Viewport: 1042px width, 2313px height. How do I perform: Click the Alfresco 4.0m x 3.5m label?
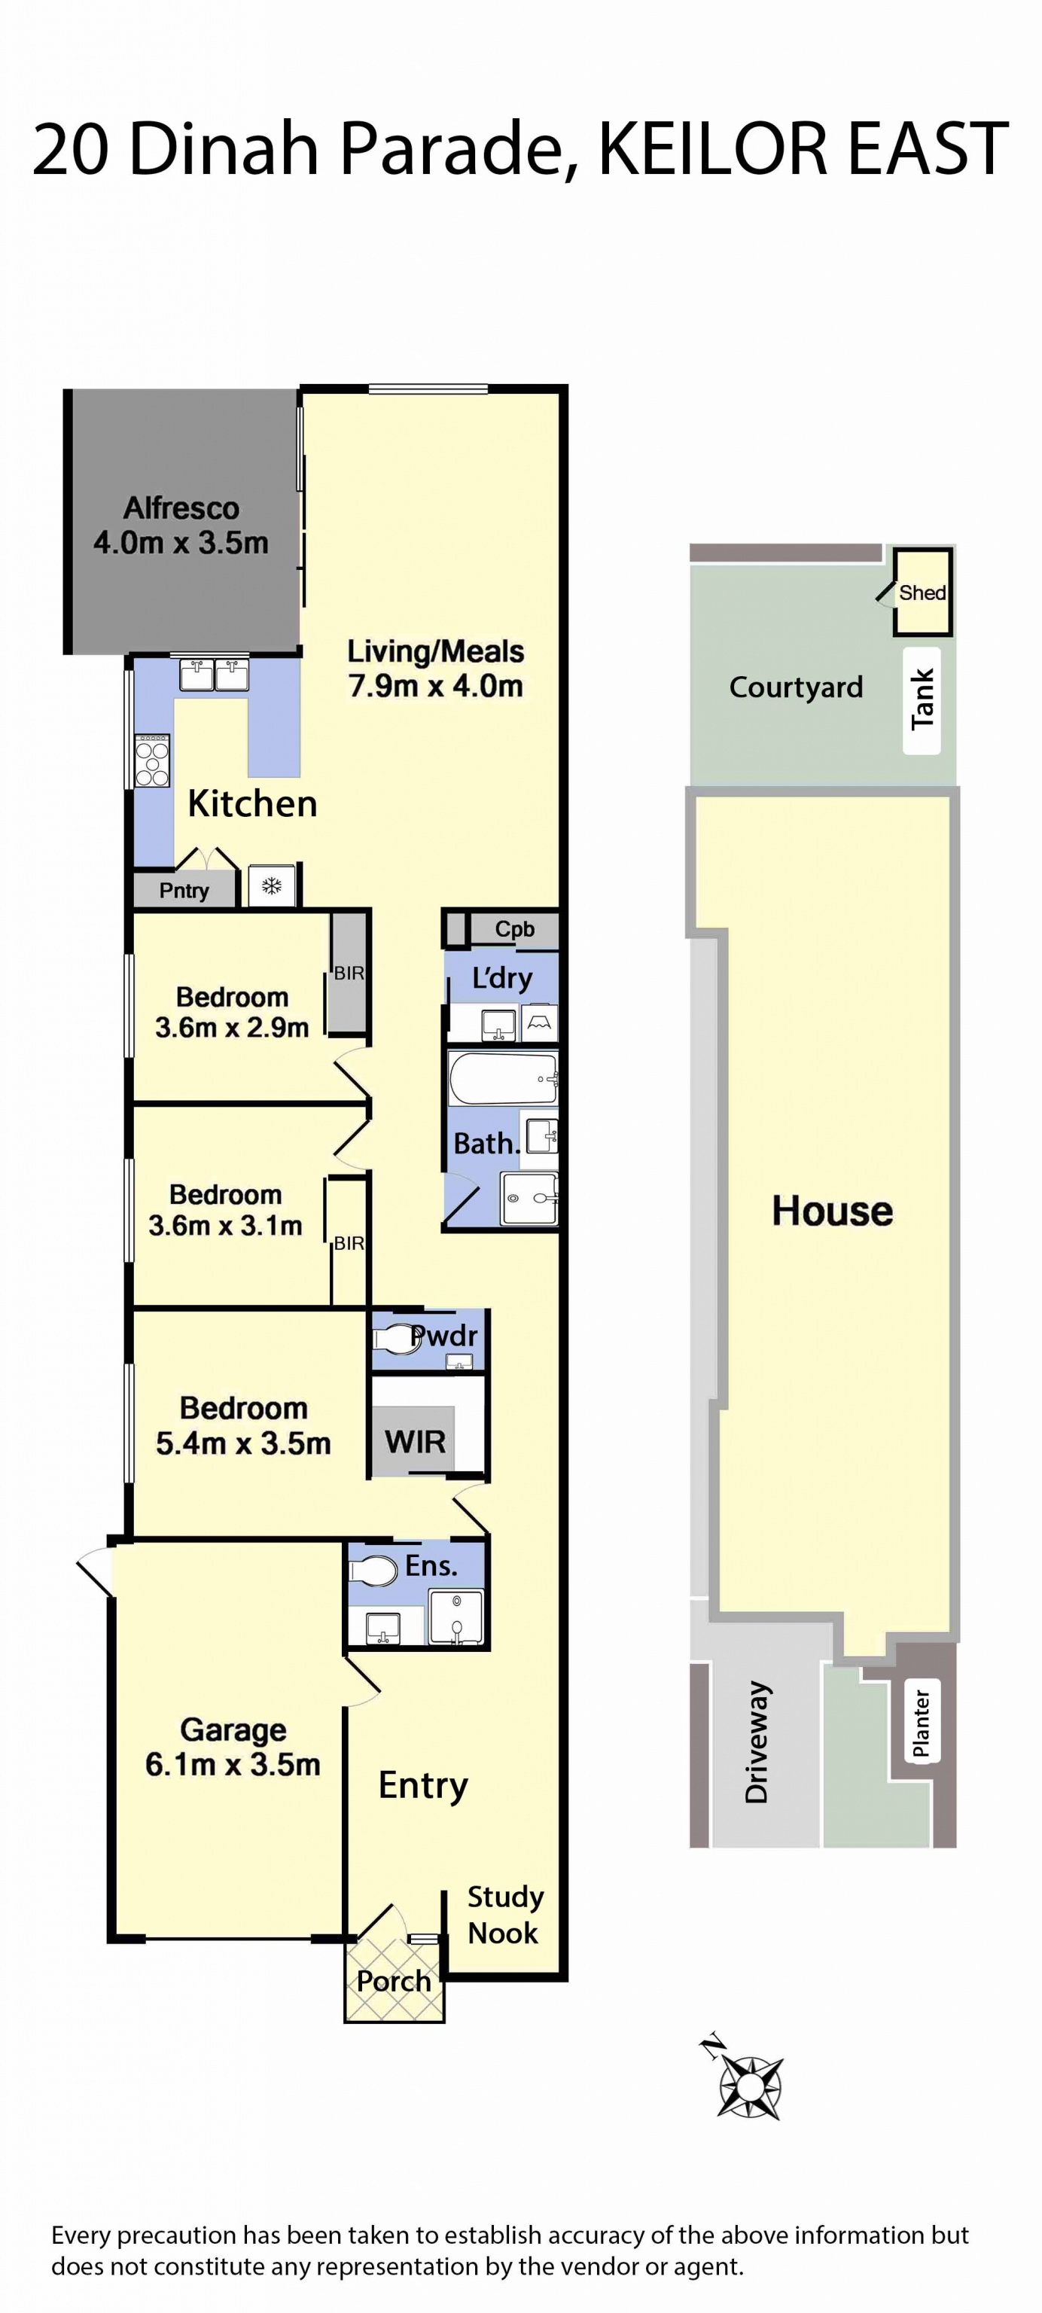(181, 526)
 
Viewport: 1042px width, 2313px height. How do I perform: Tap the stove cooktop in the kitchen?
(151, 760)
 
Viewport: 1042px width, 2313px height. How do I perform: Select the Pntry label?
(184, 890)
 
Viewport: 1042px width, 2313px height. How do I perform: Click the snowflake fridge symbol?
(271, 887)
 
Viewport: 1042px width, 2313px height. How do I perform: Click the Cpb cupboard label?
(514, 929)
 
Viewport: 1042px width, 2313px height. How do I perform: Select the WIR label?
(415, 1442)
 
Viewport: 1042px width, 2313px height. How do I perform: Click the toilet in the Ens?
(373, 1571)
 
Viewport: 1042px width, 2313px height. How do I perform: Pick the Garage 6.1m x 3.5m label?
(233, 1747)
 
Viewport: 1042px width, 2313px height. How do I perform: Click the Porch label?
(393, 1981)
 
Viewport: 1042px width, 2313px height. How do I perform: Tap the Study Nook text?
(504, 1915)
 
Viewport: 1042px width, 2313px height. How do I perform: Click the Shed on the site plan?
(922, 592)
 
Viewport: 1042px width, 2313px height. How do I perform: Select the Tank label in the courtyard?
(922, 699)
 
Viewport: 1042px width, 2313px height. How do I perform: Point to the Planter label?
(921, 1722)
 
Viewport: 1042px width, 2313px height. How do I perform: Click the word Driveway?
(757, 1742)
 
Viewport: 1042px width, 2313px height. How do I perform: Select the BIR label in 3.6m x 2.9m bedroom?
(349, 974)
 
